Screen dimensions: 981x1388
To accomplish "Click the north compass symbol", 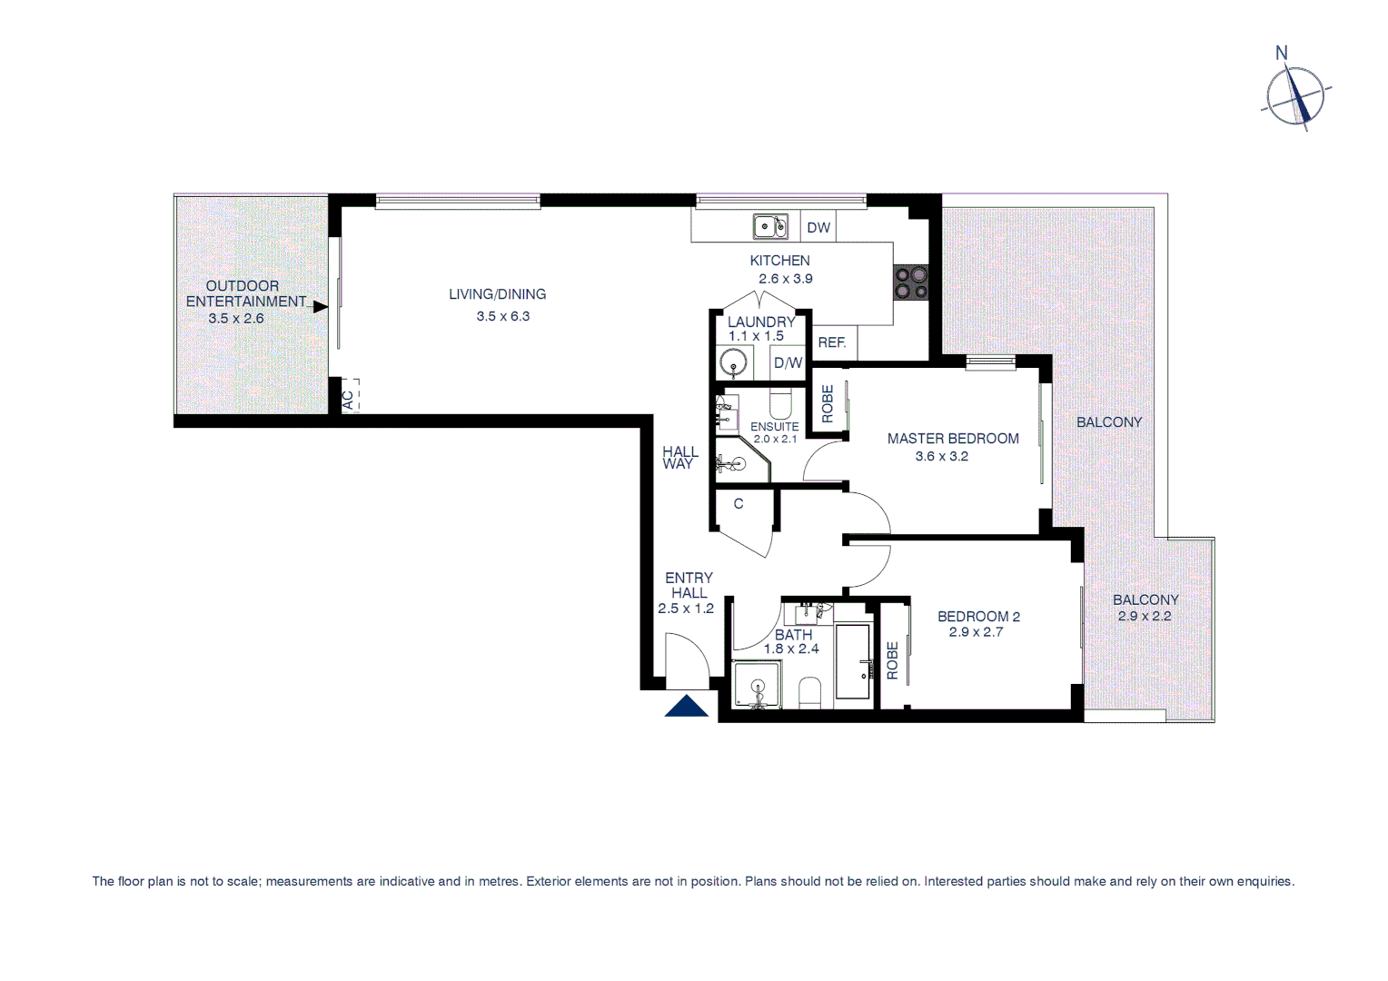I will pyautogui.click(x=1295, y=95).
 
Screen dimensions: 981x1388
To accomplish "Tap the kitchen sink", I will pyautogui.click(x=769, y=225).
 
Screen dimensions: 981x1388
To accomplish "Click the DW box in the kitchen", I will pyautogui.click(x=818, y=228).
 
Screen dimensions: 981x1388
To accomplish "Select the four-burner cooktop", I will pyautogui.click(x=911, y=282).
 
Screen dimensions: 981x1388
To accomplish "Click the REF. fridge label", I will pyautogui.click(x=832, y=342).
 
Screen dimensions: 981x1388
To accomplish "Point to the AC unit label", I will pyautogui.click(x=348, y=398).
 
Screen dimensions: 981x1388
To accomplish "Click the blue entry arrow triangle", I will pyautogui.click(x=687, y=706).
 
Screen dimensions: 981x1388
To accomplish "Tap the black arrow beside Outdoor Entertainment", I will pyautogui.click(x=320, y=307).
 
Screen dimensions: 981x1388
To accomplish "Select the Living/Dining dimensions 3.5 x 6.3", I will pyautogui.click(x=502, y=316).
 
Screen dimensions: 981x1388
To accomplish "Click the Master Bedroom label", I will pyautogui.click(x=953, y=439).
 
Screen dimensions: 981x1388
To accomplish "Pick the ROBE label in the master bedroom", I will pyautogui.click(x=828, y=404).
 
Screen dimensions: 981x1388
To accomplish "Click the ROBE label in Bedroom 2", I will pyautogui.click(x=892, y=660).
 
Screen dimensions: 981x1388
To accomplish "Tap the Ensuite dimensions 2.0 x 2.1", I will pyautogui.click(x=775, y=440).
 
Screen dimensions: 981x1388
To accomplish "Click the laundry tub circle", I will pyautogui.click(x=734, y=363).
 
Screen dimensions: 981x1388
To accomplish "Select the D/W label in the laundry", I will pyautogui.click(x=788, y=362).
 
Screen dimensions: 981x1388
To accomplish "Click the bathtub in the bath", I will pyautogui.click(x=853, y=661).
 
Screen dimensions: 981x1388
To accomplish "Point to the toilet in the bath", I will pyautogui.click(x=809, y=693).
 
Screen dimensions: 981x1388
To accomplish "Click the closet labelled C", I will pyautogui.click(x=739, y=504).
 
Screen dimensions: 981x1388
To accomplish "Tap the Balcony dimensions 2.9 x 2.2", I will pyautogui.click(x=1145, y=616).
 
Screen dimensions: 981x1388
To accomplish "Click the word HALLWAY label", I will pyautogui.click(x=679, y=458).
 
